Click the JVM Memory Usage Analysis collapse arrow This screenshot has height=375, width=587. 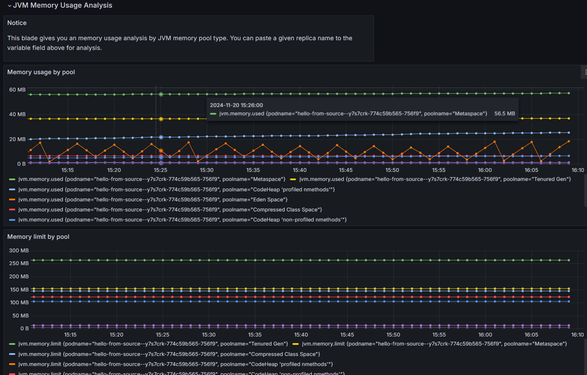click(9, 6)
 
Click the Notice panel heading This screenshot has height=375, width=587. click(17, 23)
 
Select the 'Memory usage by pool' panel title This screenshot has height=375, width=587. click(41, 72)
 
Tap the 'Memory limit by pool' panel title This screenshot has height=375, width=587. click(38, 237)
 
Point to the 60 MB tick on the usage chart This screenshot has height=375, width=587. click(17, 90)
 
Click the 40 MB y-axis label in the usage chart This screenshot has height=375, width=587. click(17, 114)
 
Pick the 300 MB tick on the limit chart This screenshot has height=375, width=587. click(19, 251)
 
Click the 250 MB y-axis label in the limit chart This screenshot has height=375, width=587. click(19, 263)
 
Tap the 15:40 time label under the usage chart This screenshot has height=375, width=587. click(299, 170)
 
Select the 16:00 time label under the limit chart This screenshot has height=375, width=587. click(485, 335)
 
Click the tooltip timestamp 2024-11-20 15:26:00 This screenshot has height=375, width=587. click(236, 105)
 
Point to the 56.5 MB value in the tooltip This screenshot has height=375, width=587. click(504, 114)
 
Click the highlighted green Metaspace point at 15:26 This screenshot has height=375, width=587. click(161, 94)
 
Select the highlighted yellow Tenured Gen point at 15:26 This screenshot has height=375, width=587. click(161, 119)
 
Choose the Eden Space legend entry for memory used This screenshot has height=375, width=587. click(153, 200)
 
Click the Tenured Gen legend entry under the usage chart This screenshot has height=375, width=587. click(435, 179)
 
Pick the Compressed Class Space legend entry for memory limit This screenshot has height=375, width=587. click(169, 354)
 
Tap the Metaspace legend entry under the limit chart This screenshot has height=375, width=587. click(434, 344)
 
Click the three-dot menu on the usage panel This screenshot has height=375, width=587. click(585, 72)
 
